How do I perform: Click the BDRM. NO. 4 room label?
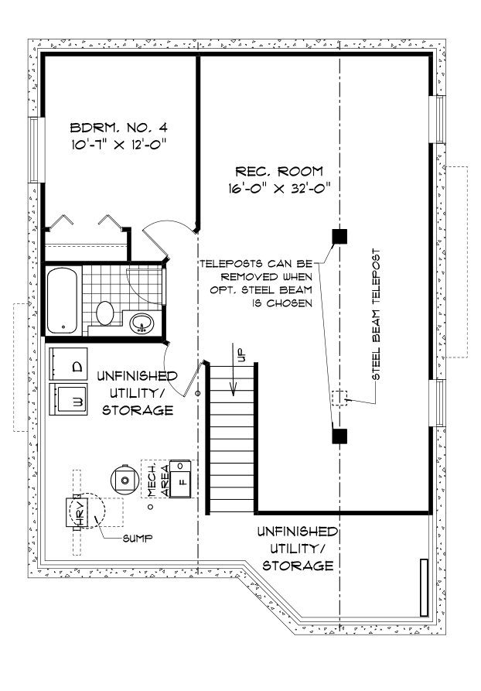(x=119, y=128)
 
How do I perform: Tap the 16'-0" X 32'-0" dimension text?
(x=279, y=189)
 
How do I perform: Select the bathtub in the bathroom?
(x=62, y=300)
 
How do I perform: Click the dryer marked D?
(x=68, y=364)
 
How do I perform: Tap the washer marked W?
(x=68, y=399)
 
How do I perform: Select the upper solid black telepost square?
(x=339, y=237)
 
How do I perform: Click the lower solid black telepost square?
(x=339, y=436)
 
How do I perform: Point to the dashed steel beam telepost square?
(x=339, y=399)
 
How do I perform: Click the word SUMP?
(x=138, y=538)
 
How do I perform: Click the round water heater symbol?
(x=125, y=480)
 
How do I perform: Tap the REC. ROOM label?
(x=279, y=171)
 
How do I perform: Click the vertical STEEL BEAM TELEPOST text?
(x=375, y=315)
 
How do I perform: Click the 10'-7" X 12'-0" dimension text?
(x=119, y=145)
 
